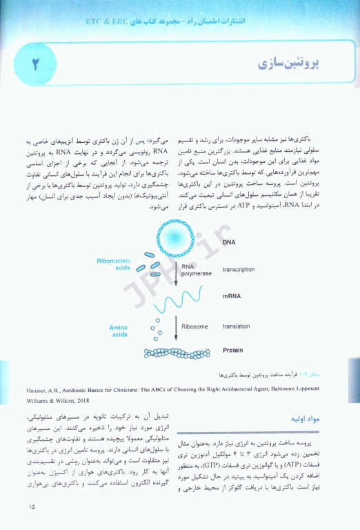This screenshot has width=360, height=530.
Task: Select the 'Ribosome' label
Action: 194,326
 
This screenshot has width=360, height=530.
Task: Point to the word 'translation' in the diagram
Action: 236,326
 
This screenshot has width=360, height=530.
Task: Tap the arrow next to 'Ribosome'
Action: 175,326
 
